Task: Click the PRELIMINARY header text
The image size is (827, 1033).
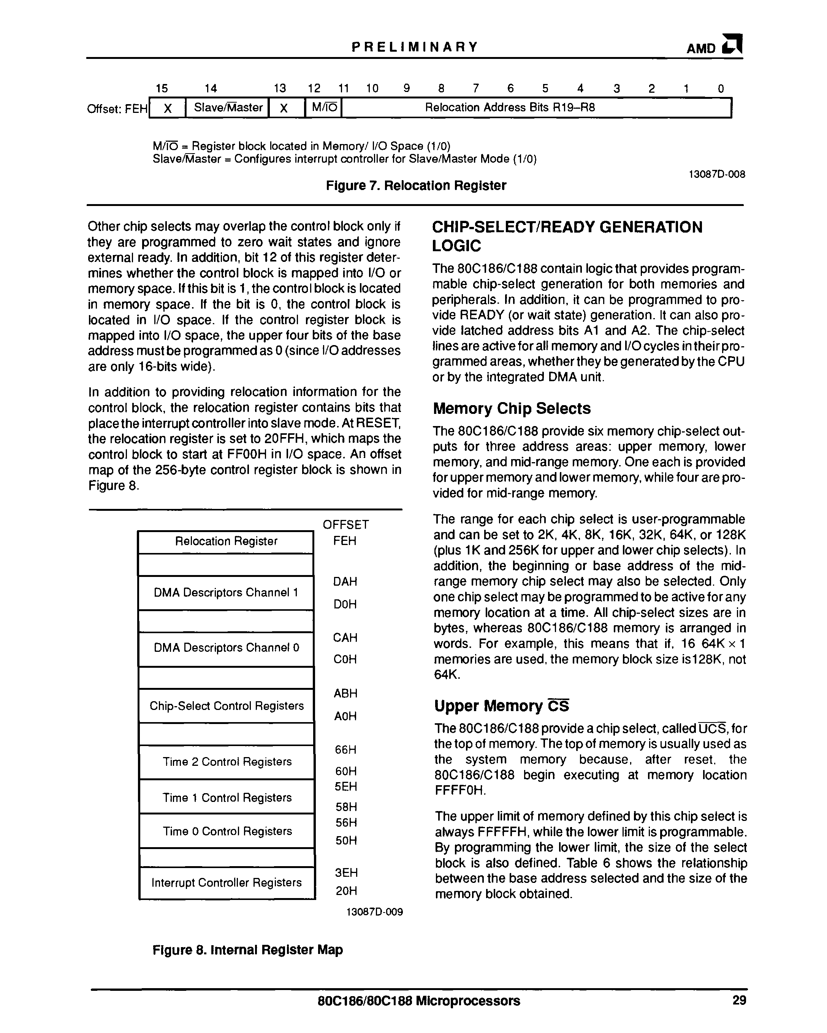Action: pyautogui.click(x=415, y=47)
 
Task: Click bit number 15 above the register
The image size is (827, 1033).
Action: pyautogui.click(x=162, y=88)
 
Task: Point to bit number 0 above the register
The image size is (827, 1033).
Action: pyautogui.click(x=721, y=88)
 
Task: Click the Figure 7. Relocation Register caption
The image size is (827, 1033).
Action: pyautogui.click(x=415, y=185)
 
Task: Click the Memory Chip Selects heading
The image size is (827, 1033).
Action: pyautogui.click(x=512, y=408)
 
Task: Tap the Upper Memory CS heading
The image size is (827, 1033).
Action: pyautogui.click(x=501, y=706)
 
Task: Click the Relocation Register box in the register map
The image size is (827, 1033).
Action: pyautogui.click(x=226, y=542)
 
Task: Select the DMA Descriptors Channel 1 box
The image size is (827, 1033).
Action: pyautogui.click(x=226, y=593)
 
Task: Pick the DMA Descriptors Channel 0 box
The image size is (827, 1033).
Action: pyautogui.click(x=226, y=648)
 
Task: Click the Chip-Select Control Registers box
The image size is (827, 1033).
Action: pyautogui.click(x=227, y=706)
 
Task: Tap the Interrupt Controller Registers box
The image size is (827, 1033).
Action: pyautogui.click(x=227, y=882)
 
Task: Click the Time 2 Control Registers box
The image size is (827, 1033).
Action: pyautogui.click(x=227, y=762)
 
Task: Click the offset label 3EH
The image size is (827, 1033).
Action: pyautogui.click(x=346, y=873)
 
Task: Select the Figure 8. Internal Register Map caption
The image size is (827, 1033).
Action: pyautogui.click(x=247, y=950)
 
